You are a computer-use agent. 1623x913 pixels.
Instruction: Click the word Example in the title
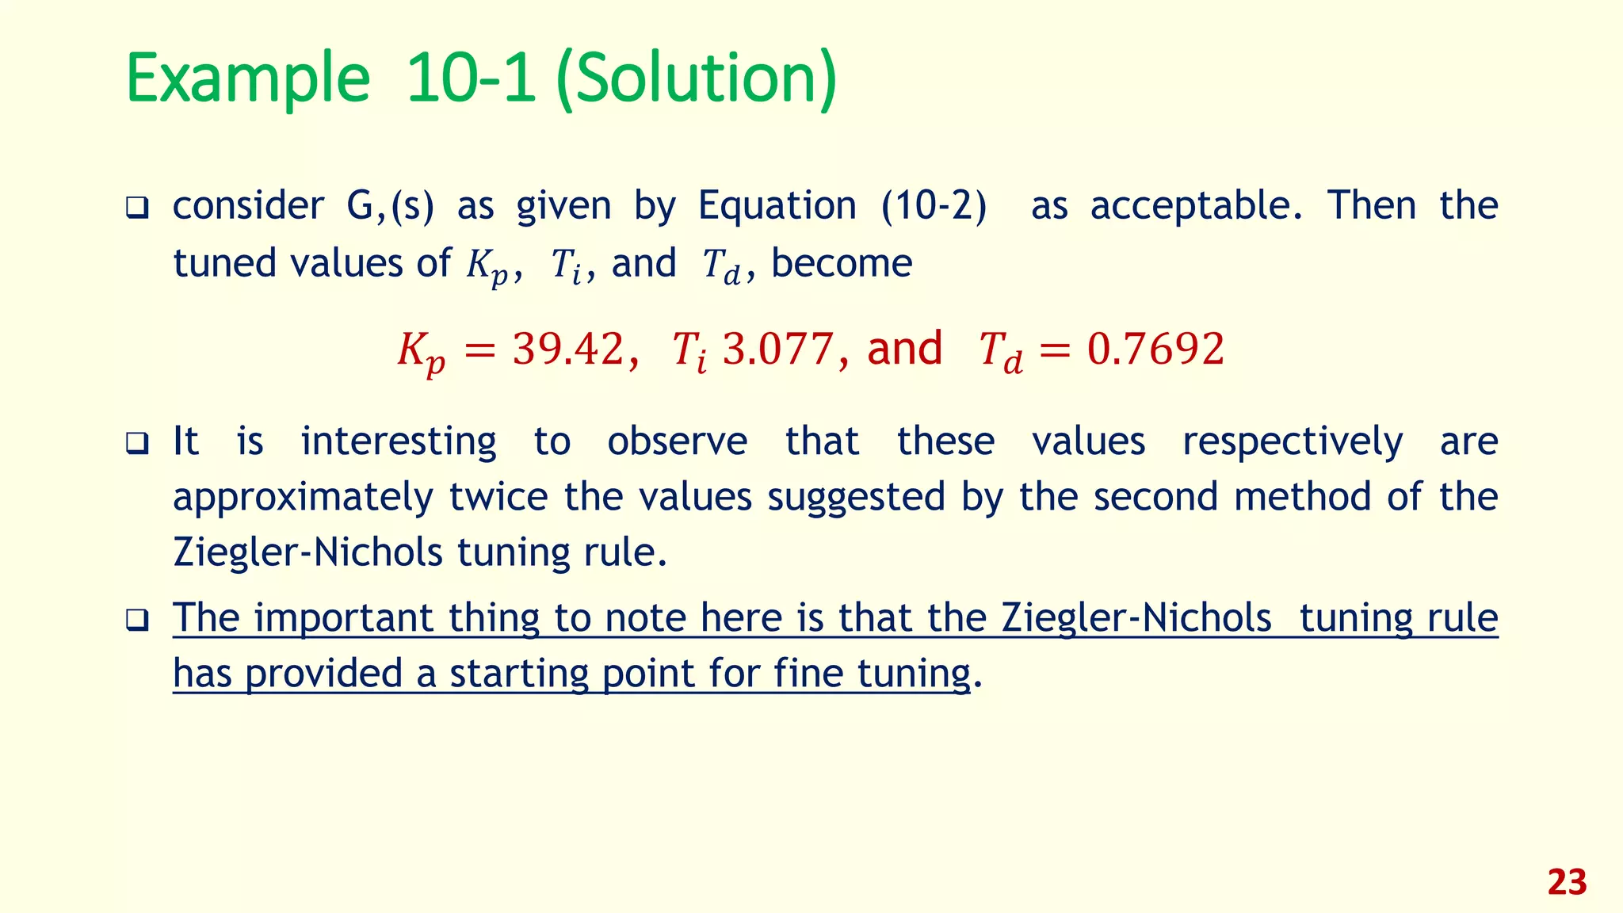pyautogui.click(x=248, y=79)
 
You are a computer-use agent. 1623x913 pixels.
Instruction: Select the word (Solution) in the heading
pyautogui.click(x=696, y=79)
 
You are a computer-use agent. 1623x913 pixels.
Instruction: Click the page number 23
pyautogui.click(x=1567, y=882)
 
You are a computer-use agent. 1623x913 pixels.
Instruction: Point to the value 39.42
pyautogui.click(x=568, y=349)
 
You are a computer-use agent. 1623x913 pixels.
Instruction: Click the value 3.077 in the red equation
pyautogui.click(x=777, y=349)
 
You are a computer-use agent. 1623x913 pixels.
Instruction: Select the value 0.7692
pyautogui.click(x=1155, y=349)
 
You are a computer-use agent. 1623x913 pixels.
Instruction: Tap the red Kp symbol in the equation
pyautogui.click(x=421, y=352)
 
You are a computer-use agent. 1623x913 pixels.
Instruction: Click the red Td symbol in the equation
pyautogui.click(x=1001, y=352)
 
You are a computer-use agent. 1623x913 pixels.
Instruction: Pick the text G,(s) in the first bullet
pyautogui.click(x=390, y=206)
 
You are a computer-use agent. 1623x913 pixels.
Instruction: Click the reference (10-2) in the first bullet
pyautogui.click(x=934, y=206)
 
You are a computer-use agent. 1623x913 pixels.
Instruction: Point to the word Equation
pyautogui.click(x=777, y=206)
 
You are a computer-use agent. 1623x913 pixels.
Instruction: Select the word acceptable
pyautogui.click(x=1196, y=206)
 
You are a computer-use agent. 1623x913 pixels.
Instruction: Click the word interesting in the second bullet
pyautogui.click(x=399, y=441)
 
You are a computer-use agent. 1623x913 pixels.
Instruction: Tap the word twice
pyautogui.click(x=498, y=498)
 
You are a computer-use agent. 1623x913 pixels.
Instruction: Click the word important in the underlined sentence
pyautogui.click(x=343, y=617)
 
